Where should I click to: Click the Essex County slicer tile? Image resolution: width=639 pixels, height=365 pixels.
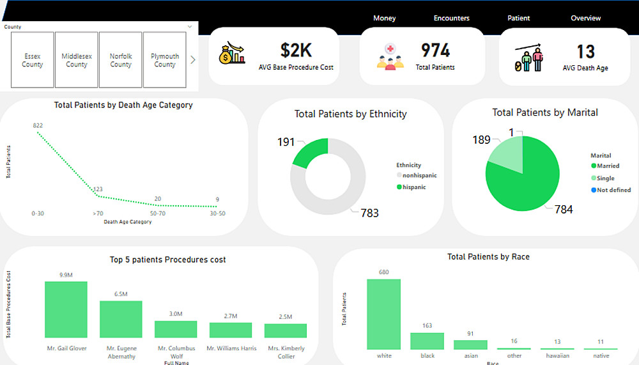[33, 60]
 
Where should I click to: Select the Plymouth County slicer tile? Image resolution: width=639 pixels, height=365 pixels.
[164, 60]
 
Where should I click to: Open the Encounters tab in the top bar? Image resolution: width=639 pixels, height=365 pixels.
[451, 19]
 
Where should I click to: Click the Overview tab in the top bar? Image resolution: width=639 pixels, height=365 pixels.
[585, 19]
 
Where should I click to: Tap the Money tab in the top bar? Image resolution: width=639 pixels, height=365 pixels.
[385, 19]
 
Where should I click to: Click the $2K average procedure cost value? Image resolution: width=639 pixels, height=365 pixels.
[296, 50]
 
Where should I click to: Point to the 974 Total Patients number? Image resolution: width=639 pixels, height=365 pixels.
[435, 50]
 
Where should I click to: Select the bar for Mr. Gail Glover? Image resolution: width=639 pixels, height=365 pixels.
[66, 309]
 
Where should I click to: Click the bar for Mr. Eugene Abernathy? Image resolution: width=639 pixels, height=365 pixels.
[121, 319]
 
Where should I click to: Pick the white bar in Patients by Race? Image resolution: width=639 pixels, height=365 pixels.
[383, 314]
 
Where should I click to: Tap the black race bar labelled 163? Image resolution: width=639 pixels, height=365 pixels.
[427, 341]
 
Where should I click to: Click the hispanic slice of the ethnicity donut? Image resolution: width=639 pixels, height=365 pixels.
[312, 151]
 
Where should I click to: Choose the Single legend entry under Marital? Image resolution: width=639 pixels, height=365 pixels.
[605, 178]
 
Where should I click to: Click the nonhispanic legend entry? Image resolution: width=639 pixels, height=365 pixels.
[420, 175]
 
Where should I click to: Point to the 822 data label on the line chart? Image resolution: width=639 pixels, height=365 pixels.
[38, 125]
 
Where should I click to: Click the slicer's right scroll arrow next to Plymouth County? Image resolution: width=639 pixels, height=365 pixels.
[193, 60]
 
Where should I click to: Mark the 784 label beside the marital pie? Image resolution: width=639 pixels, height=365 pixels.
[564, 210]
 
